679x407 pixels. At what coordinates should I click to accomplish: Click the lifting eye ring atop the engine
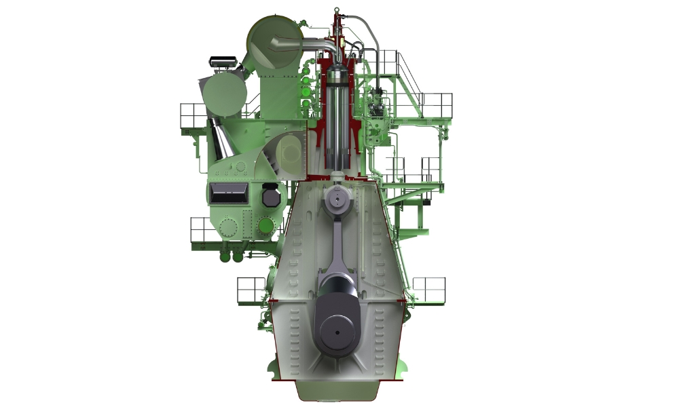coord(336,12)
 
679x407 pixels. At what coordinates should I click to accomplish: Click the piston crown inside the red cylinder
coord(337,75)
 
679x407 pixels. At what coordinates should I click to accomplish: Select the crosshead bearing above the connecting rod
coord(337,199)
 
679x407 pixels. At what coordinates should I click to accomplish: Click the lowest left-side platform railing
coord(251,290)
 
